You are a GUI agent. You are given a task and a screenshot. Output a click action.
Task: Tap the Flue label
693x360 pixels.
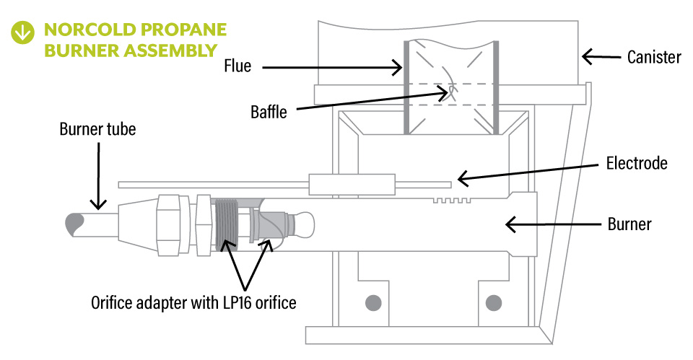[x=237, y=66]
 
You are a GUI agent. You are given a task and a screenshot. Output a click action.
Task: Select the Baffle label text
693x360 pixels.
[x=269, y=112]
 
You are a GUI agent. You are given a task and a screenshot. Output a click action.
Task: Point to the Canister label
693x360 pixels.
[x=654, y=56]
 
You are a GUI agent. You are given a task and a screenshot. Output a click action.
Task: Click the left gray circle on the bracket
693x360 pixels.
[x=372, y=301]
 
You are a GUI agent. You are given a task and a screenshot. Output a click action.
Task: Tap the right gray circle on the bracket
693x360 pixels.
[x=494, y=301]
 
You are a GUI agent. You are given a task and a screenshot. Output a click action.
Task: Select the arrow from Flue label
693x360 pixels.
[x=332, y=68]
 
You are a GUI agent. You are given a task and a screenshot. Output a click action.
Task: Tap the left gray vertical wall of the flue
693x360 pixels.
[x=406, y=87]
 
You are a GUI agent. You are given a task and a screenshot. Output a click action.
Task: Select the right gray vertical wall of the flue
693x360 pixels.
[x=496, y=87]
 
